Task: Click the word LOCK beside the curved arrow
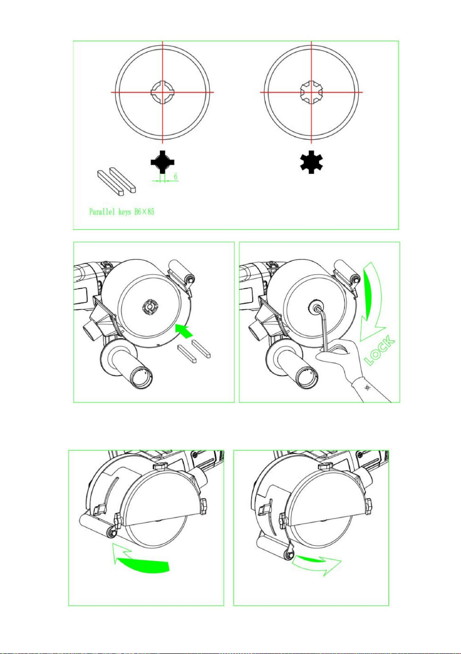(380, 350)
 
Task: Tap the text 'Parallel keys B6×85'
(122, 212)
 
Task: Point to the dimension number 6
(176, 176)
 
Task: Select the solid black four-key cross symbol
(162, 162)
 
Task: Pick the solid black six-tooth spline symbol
(311, 162)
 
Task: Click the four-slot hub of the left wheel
(162, 92)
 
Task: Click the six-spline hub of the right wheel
(312, 92)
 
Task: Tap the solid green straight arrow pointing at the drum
(184, 331)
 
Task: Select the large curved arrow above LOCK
(371, 301)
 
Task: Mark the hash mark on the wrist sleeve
(368, 388)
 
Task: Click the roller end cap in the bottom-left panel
(112, 532)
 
